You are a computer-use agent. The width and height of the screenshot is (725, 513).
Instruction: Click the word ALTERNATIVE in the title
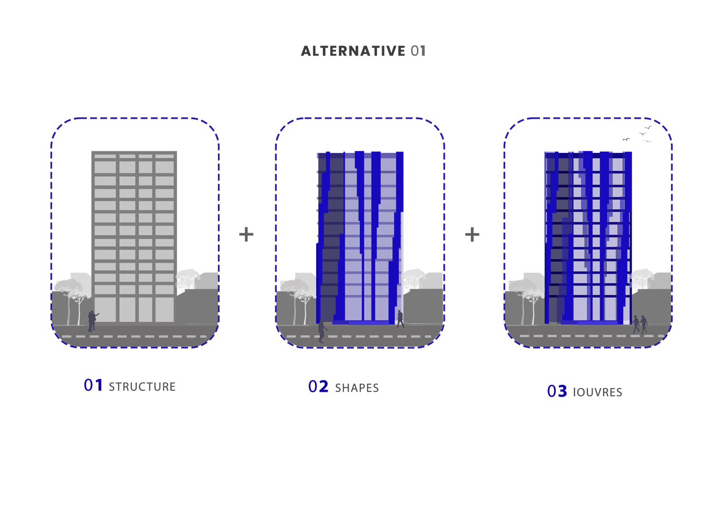click(x=353, y=51)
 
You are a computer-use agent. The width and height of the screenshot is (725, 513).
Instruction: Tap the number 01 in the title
click(x=418, y=51)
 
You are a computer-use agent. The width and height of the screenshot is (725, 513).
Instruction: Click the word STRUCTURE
click(x=142, y=387)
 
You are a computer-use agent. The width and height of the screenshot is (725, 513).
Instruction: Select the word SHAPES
click(x=357, y=388)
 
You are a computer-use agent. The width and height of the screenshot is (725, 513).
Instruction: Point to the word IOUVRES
click(x=597, y=392)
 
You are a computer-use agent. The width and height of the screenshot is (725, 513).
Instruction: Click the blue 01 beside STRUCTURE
click(x=93, y=385)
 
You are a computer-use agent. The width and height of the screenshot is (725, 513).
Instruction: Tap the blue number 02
click(x=318, y=387)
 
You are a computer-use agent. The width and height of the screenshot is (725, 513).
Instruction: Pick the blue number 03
click(x=557, y=391)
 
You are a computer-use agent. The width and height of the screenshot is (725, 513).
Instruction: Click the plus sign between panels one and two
click(x=246, y=234)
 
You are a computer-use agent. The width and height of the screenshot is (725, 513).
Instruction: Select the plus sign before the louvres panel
click(x=472, y=234)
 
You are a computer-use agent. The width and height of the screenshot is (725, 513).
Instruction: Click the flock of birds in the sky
click(x=638, y=134)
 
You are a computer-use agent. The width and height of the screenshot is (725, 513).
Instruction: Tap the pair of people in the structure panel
click(x=93, y=321)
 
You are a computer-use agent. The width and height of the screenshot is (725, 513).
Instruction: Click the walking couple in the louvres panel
click(x=640, y=324)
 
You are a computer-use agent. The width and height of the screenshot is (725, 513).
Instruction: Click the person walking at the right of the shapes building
click(x=400, y=319)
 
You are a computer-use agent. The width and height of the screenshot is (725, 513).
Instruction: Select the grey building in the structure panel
click(x=134, y=237)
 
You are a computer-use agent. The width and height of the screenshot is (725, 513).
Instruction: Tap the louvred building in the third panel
click(x=588, y=237)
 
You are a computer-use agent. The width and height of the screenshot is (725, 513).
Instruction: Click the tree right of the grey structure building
click(x=188, y=278)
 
